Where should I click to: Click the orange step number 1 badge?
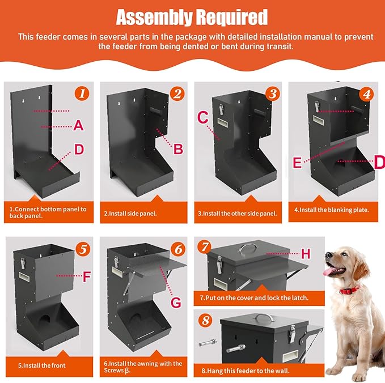pyautogui.click(x=82, y=93)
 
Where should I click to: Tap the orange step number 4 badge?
pyautogui.click(x=367, y=94)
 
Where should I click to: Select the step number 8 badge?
pyautogui.click(x=205, y=321)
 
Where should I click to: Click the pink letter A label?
pyautogui.click(x=79, y=126)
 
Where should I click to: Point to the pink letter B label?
pyautogui.click(x=178, y=149)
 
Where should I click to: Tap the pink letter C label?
pyautogui.click(x=203, y=117)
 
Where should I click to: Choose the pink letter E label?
pyautogui.click(x=297, y=163)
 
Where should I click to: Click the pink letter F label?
pyautogui.click(x=87, y=276)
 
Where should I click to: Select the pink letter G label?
pyautogui.click(x=176, y=303)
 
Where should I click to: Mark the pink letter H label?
pyautogui.click(x=306, y=254)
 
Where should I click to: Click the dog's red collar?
pyautogui.click(x=349, y=290)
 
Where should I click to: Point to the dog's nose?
pyautogui.click(x=328, y=255)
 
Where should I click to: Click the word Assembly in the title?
pyautogui.click(x=154, y=17)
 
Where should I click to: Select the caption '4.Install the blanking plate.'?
pyautogui.click(x=332, y=210)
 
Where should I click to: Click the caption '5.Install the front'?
pyautogui.click(x=42, y=365)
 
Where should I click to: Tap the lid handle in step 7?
pyautogui.click(x=248, y=248)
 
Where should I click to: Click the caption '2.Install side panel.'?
pyautogui.click(x=130, y=214)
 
